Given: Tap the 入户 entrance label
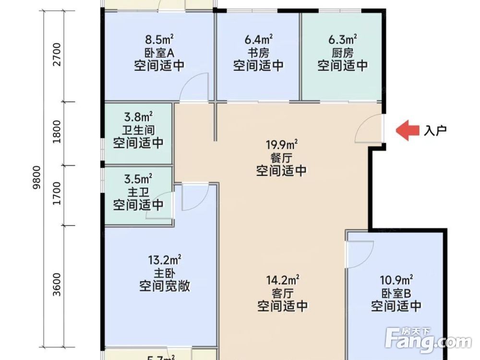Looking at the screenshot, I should pyautogui.click(x=435, y=131).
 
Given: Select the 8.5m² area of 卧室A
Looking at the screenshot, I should pyautogui.click(x=159, y=38).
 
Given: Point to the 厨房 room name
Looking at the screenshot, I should pyautogui.click(x=342, y=52).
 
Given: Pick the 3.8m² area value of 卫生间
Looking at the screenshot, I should pyautogui.click(x=138, y=116).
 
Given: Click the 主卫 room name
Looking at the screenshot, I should pyautogui.click(x=138, y=192).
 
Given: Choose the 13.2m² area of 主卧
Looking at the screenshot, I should pyautogui.click(x=165, y=261).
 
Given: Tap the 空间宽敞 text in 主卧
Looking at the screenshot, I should pyautogui.click(x=165, y=287).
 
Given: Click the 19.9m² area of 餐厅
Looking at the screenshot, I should pyautogui.click(x=282, y=144).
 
